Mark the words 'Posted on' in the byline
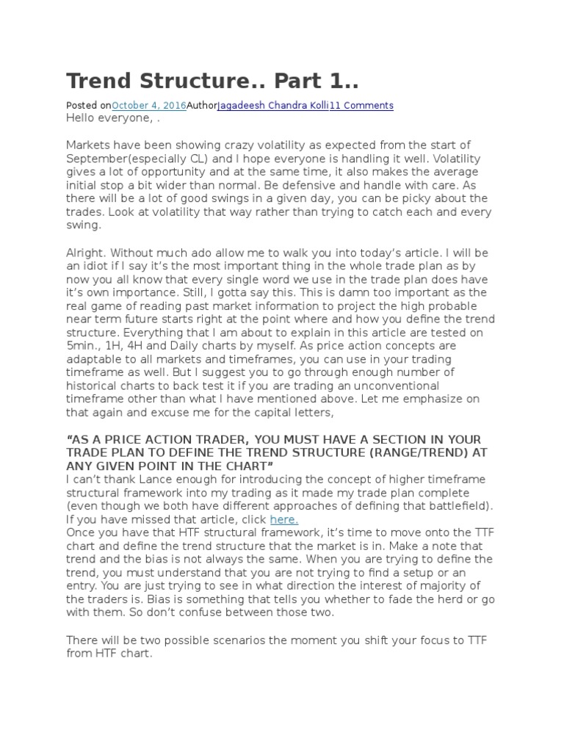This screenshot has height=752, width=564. tap(88, 106)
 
